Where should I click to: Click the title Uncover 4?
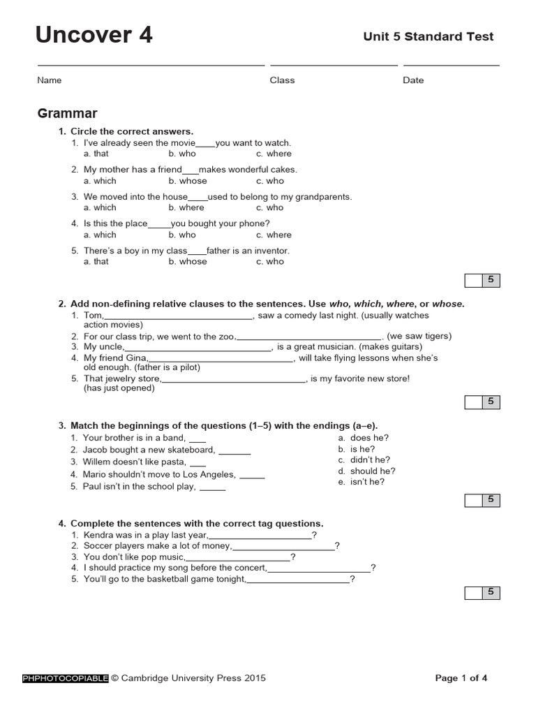click(94, 35)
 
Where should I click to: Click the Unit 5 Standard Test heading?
click(428, 36)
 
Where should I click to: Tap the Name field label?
click(49, 80)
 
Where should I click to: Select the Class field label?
click(282, 80)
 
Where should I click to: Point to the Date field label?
click(413, 80)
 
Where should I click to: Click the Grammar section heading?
click(67, 114)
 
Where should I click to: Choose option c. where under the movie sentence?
click(274, 154)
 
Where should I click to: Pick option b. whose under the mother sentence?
click(187, 181)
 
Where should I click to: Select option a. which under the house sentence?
click(100, 207)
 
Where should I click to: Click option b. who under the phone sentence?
click(182, 235)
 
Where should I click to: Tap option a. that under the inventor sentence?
click(96, 261)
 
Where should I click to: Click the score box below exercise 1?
click(482, 281)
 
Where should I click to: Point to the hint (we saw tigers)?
click(419, 336)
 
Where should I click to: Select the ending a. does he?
click(364, 438)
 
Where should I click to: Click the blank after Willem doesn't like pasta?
click(198, 462)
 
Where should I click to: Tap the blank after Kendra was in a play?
click(269, 536)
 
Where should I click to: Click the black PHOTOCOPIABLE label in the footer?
click(66, 677)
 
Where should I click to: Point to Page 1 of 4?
click(461, 677)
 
